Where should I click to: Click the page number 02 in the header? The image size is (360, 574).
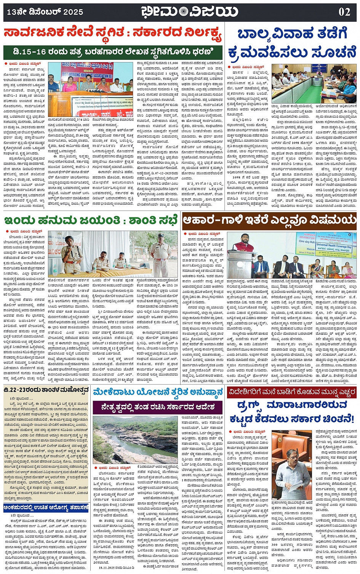[x=344, y=12]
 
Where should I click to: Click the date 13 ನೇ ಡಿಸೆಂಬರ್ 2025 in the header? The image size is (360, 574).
[x=45, y=12]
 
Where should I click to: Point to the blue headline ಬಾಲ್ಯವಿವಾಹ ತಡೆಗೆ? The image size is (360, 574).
[x=292, y=34]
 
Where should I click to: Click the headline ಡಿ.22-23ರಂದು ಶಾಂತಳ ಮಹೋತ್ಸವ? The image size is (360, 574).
[x=46, y=390]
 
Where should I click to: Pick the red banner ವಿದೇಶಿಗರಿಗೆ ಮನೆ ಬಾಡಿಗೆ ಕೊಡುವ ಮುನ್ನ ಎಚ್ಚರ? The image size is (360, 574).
[x=291, y=392]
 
